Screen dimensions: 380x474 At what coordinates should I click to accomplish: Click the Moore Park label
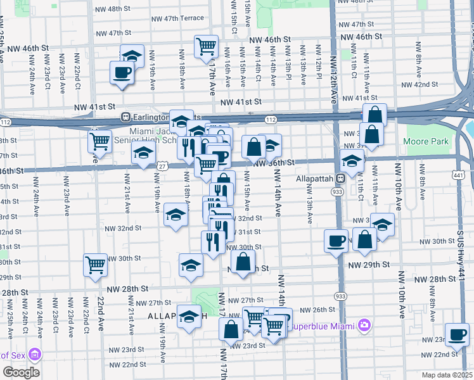click(x=426, y=141)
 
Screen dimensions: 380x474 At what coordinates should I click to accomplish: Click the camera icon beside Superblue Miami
click(x=364, y=326)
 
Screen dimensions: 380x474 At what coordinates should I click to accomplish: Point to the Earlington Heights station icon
click(x=125, y=117)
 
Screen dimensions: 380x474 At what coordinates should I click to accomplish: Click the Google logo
click(x=21, y=372)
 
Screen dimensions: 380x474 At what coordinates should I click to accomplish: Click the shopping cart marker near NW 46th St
click(x=206, y=46)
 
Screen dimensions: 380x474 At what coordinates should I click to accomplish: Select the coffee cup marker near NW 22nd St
click(x=456, y=334)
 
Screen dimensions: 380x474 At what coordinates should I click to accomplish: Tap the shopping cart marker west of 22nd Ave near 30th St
click(x=95, y=265)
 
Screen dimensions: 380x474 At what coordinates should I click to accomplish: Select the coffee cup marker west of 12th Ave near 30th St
click(x=336, y=240)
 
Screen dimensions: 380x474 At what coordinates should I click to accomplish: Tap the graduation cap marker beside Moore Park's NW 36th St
click(x=352, y=160)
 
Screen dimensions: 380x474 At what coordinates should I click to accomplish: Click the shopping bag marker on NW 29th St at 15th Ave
click(x=243, y=261)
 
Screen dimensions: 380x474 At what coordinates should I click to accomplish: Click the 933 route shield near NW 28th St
click(x=340, y=296)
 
